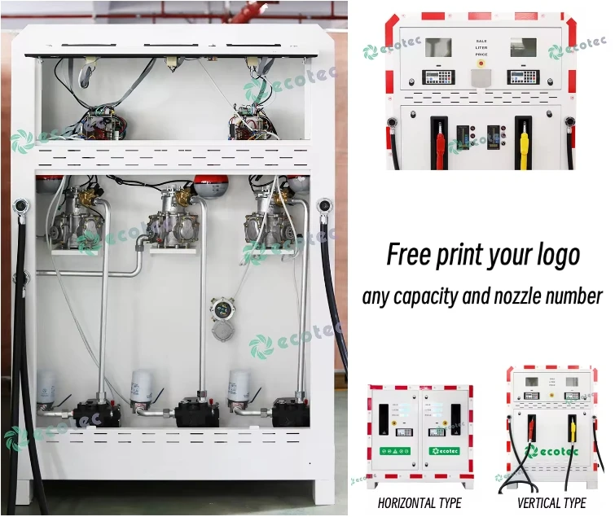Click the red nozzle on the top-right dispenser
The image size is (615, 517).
point(439,147)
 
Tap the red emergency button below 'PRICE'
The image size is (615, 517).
point(481,62)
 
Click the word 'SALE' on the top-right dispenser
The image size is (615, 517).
point(481,40)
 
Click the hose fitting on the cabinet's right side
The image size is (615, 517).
point(325,208)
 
